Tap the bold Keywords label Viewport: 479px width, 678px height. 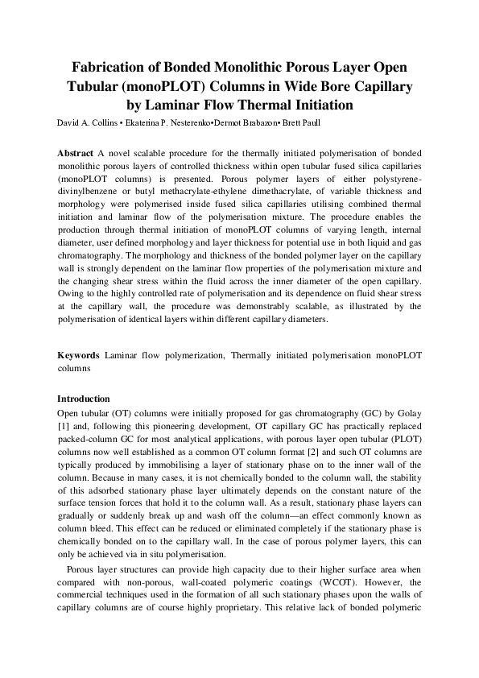[79, 354]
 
